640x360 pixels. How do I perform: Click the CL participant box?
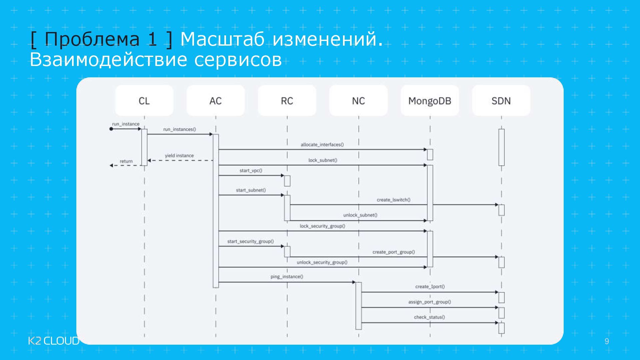[144, 100]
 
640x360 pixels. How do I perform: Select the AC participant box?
[215, 100]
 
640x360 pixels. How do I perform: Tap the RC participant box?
[287, 100]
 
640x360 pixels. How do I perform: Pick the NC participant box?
[358, 100]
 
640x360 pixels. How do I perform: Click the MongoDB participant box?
[430, 100]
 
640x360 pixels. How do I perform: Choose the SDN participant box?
[501, 100]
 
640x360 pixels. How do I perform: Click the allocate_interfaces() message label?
[322, 145]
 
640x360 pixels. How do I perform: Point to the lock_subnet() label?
[323, 160]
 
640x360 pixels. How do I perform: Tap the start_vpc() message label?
[251, 171]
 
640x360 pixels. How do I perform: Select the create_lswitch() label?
[393, 200]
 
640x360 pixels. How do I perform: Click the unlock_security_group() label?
[322, 262]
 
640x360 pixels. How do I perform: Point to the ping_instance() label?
[287, 277]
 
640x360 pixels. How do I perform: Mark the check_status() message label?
[429, 317]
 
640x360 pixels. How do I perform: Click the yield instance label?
[179, 156]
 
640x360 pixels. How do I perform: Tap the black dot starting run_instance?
[111, 129]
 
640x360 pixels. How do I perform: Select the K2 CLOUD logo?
[53, 341]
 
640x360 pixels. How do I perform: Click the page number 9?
[607, 341]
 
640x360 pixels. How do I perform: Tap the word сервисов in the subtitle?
[238, 60]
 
